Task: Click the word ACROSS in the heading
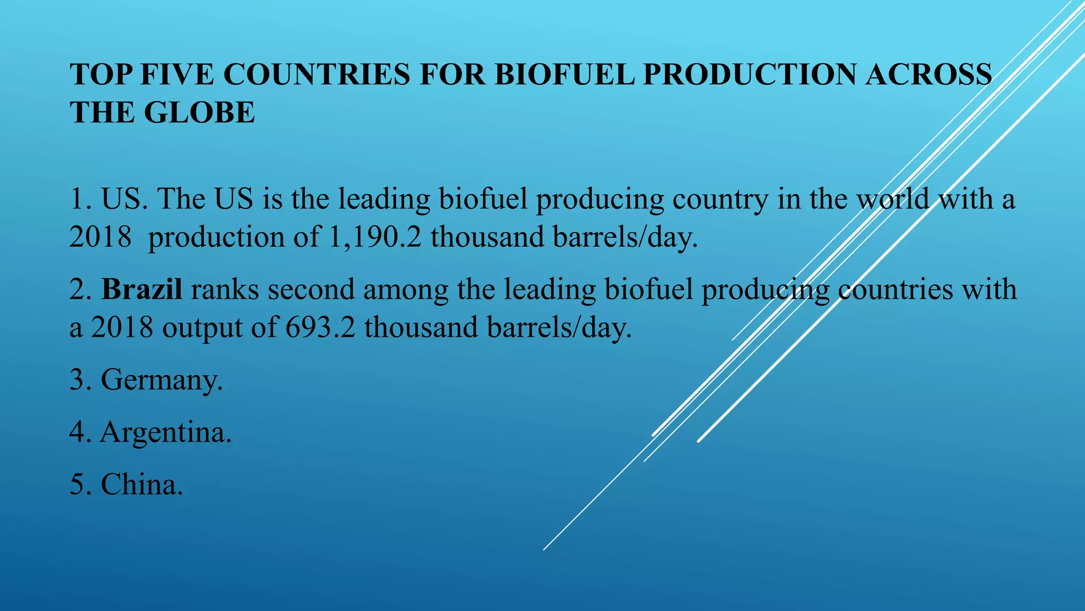coord(929,74)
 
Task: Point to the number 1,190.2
coord(375,237)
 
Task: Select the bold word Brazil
coord(141,290)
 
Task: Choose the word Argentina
coord(165,432)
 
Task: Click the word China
coord(141,484)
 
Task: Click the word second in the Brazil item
coord(311,290)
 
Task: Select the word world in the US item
coord(893,199)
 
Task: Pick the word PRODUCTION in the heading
coord(750,74)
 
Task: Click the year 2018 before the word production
coord(100,237)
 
